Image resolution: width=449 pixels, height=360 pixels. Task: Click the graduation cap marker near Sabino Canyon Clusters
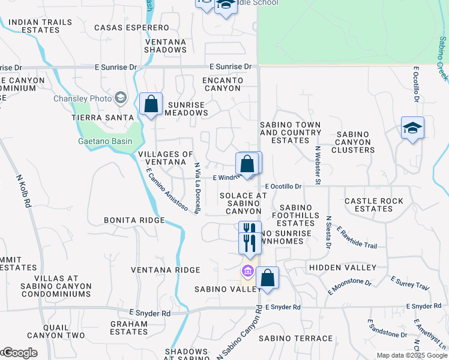pos(412,128)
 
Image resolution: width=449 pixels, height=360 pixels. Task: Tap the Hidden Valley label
pos(342,267)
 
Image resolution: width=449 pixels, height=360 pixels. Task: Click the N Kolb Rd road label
pos(23,193)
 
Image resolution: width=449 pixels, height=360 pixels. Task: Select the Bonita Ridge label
pos(134,220)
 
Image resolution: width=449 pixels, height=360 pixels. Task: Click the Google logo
pos(19,353)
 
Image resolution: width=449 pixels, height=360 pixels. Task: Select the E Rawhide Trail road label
pos(357,238)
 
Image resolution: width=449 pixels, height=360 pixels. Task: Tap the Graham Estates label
pos(128,327)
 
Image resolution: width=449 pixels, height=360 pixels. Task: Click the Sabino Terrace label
pos(295,338)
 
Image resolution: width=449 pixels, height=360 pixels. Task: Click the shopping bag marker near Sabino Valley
pos(267,278)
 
